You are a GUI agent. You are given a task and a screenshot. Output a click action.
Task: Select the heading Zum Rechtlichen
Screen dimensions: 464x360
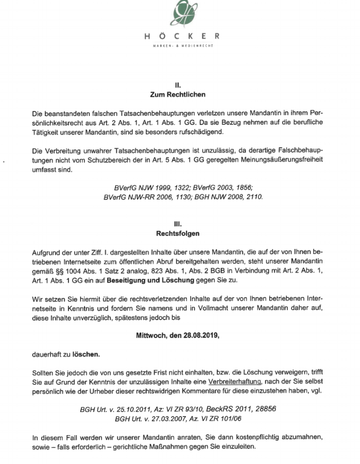[178, 94]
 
